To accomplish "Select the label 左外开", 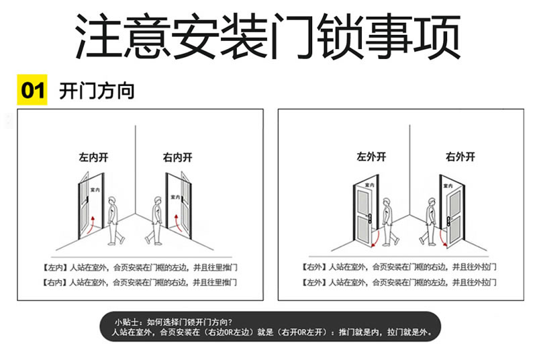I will [x=371, y=157].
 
